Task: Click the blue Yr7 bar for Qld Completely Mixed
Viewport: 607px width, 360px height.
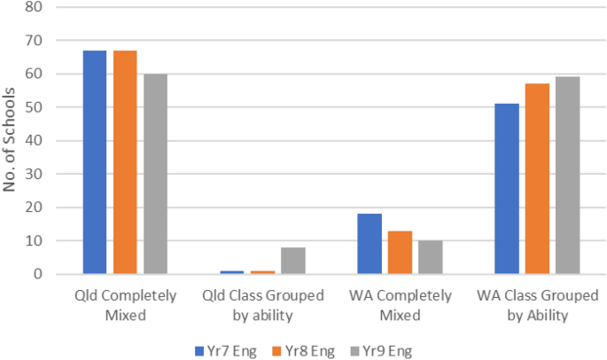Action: pos(95,162)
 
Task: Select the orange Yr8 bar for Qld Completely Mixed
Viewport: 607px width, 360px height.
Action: pos(125,162)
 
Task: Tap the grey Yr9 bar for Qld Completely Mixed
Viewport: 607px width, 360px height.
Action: pos(155,174)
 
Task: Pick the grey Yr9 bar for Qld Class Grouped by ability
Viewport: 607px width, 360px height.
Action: pos(292,261)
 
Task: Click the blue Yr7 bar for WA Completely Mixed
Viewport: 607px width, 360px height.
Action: pos(370,244)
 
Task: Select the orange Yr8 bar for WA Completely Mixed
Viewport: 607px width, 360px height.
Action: pos(400,253)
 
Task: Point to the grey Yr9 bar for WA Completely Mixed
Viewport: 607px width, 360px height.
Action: pos(430,257)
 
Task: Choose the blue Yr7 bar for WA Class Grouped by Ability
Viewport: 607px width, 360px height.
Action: pos(507,189)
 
